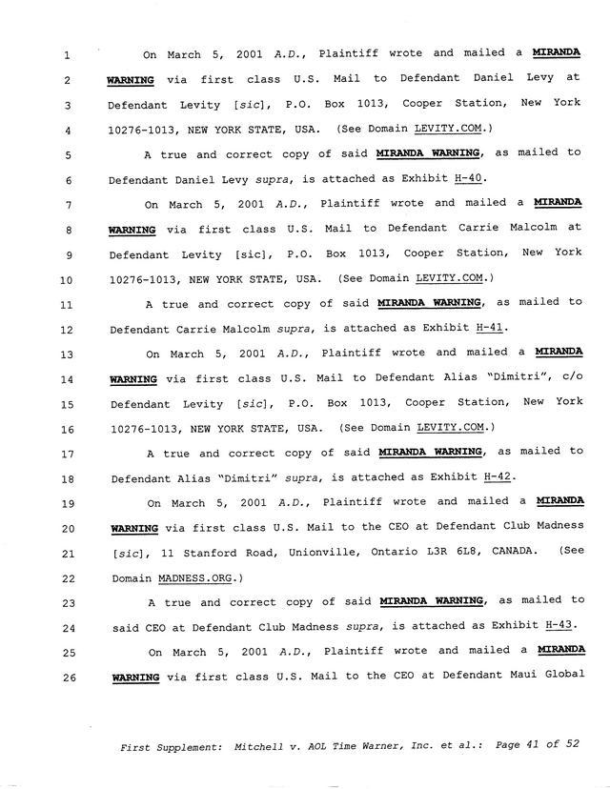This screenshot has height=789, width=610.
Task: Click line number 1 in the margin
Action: (68, 55)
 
